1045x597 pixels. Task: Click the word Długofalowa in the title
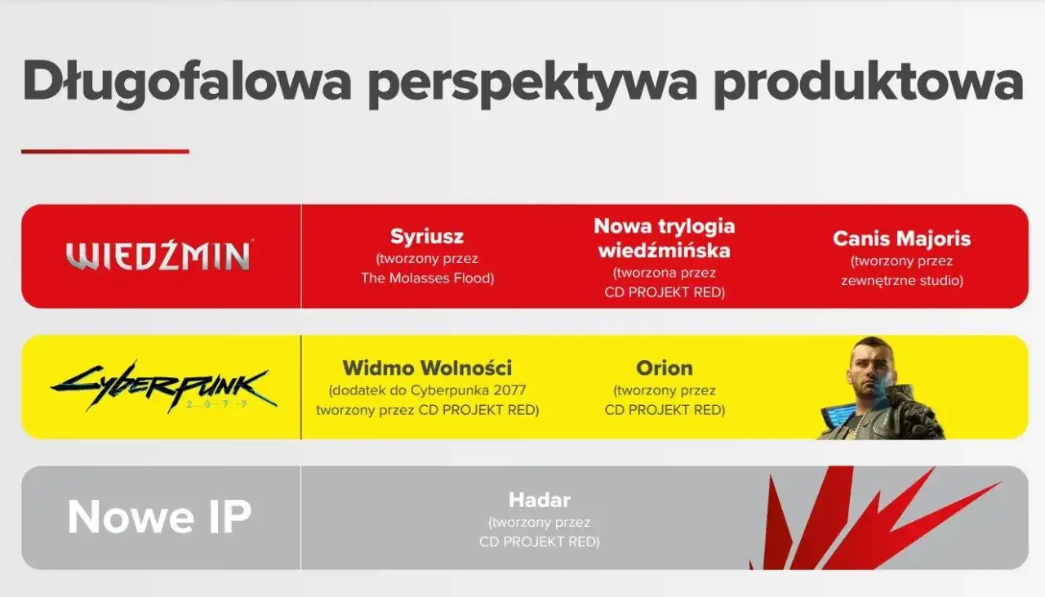[x=187, y=82]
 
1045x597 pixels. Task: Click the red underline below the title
[x=104, y=151]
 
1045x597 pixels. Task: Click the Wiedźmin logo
[x=159, y=256]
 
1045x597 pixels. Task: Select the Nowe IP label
[x=159, y=517]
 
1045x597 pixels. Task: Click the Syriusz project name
[x=427, y=237]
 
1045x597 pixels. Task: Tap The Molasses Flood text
[x=427, y=278]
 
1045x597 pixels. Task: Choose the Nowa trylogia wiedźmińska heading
[x=664, y=238]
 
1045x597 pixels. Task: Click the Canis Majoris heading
[x=901, y=238]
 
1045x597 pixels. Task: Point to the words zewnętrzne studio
[x=901, y=280]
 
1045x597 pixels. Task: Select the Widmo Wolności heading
[x=427, y=368]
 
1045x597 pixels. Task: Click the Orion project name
[x=664, y=368]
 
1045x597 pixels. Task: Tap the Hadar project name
[x=539, y=500]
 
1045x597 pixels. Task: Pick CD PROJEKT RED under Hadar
[x=539, y=541]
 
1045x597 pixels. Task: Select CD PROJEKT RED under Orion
[x=664, y=410]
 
